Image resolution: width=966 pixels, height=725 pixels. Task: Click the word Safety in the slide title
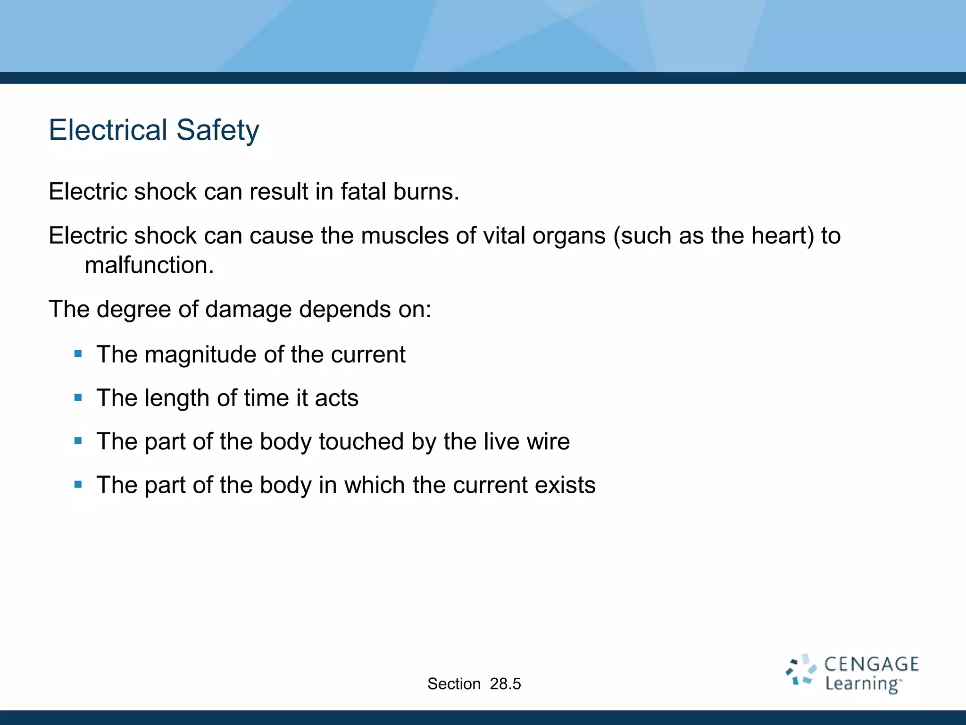(x=218, y=130)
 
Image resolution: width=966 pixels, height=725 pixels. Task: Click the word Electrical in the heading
(x=108, y=130)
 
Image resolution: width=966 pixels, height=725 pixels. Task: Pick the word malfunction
(x=149, y=265)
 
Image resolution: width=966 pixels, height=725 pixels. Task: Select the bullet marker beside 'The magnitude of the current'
(x=78, y=354)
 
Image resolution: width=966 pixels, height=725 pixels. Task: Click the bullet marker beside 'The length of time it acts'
(x=78, y=398)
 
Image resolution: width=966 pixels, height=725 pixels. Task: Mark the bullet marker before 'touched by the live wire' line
(x=78, y=441)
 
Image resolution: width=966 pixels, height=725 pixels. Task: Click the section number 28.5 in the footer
(x=505, y=684)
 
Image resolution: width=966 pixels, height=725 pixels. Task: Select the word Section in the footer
(x=454, y=684)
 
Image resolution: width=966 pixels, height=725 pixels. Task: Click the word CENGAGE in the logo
(x=871, y=665)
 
